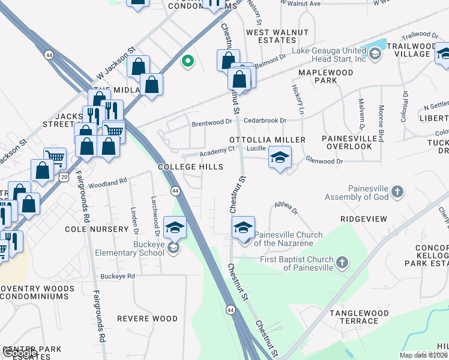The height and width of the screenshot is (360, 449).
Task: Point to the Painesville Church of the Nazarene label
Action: pos(288,239)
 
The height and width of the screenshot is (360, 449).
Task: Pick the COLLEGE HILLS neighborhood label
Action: pos(191,167)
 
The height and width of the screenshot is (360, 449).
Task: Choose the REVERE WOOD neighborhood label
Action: pos(147,319)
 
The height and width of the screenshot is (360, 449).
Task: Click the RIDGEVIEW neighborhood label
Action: pos(364,219)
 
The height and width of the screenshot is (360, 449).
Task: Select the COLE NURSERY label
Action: pos(97,229)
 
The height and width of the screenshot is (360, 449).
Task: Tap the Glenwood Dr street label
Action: pos(324,161)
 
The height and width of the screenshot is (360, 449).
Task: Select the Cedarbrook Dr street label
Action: pos(265,120)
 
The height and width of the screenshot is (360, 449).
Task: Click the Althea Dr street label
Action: pos(286,208)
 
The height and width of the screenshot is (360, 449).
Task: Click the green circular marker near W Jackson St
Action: pos(188,61)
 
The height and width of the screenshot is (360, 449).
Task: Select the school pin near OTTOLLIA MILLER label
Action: pos(280,157)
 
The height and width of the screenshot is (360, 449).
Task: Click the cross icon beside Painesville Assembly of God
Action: pos(397,193)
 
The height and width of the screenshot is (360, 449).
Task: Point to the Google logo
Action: pos(19,353)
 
